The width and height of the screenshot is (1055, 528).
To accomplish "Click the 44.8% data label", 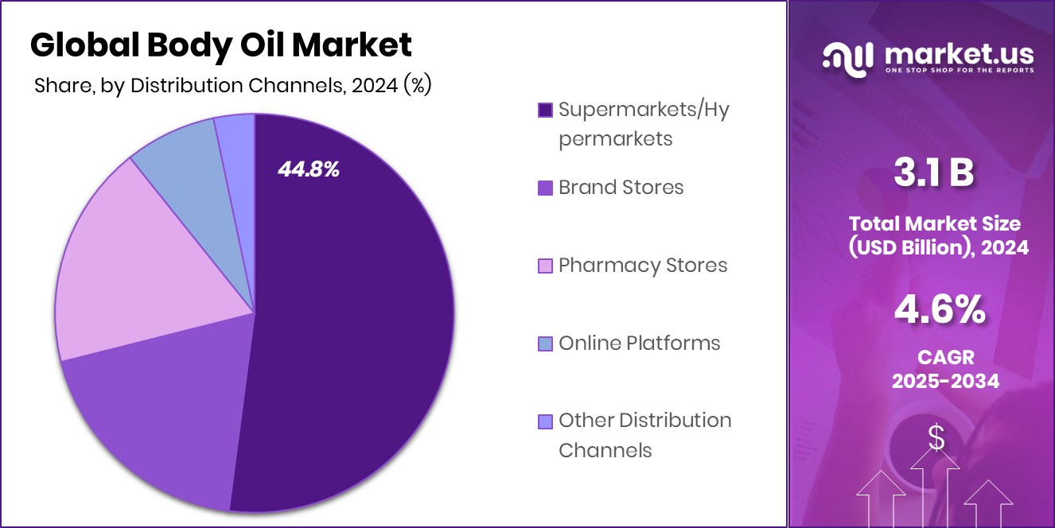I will (308, 169).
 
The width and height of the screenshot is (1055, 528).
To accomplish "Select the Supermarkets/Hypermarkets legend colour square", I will (545, 110).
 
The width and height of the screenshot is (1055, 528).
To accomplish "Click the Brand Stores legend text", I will (621, 188).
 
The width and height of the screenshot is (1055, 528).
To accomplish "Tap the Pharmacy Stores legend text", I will (643, 265).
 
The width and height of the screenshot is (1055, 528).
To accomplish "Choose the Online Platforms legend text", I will (639, 343).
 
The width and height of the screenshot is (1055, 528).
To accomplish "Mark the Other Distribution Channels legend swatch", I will (545, 421).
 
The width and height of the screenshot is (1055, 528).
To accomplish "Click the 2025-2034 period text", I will (944, 381).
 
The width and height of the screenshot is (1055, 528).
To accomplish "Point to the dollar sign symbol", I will (936, 438).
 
